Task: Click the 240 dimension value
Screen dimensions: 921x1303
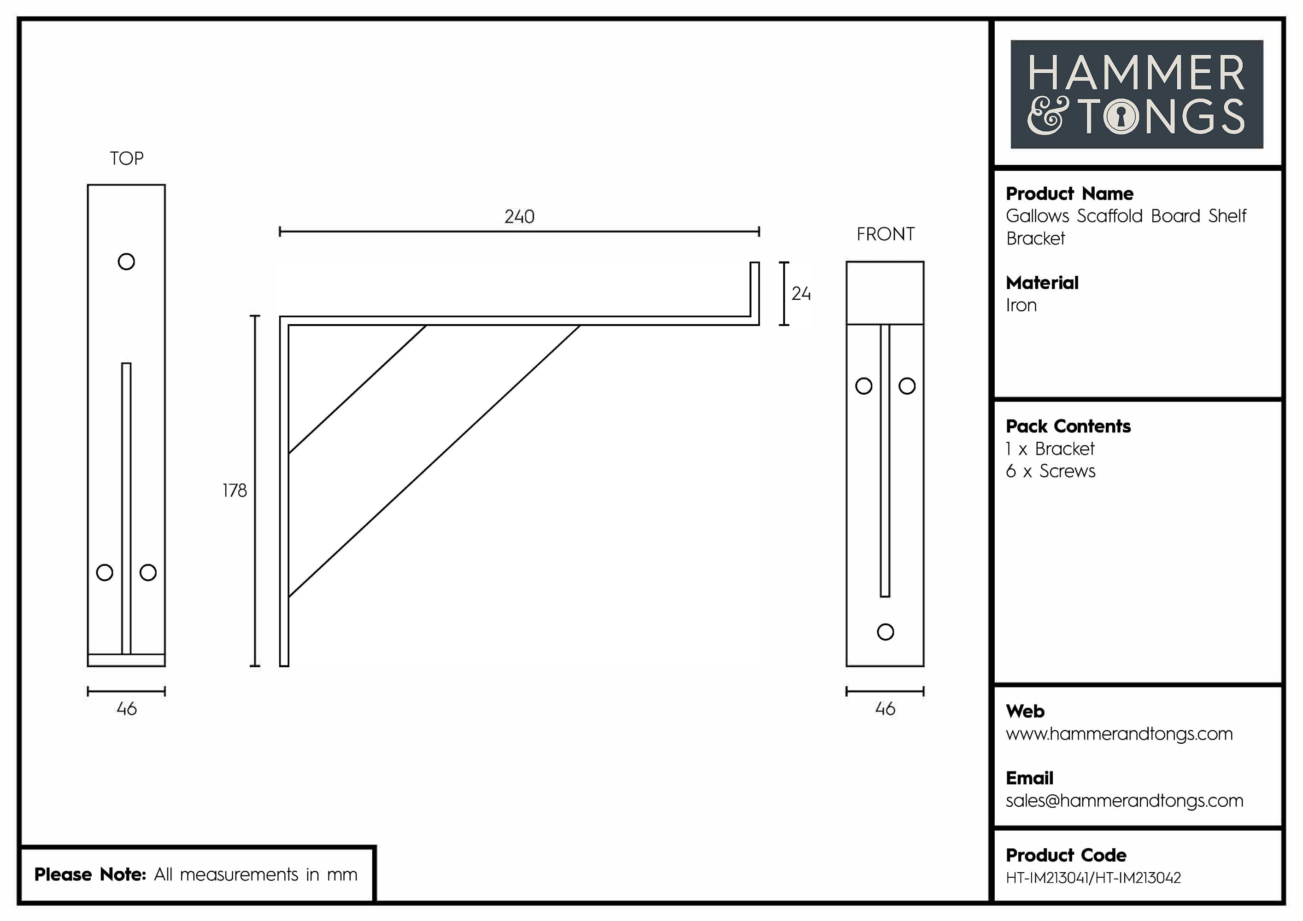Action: click(x=519, y=216)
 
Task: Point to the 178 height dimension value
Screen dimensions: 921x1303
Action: click(x=235, y=490)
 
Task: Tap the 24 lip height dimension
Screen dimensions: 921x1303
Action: click(x=801, y=294)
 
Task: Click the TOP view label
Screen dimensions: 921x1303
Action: click(x=127, y=158)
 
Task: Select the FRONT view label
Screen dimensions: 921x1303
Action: click(x=885, y=234)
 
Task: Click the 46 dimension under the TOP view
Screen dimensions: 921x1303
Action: click(x=127, y=709)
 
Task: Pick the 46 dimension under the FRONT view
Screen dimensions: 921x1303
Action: click(x=885, y=709)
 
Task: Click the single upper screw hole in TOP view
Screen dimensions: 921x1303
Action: click(x=126, y=262)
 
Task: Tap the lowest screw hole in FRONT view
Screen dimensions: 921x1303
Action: click(x=885, y=632)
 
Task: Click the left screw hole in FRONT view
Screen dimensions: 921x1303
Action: click(x=864, y=386)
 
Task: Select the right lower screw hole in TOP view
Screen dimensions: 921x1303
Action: click(x=148, y=572)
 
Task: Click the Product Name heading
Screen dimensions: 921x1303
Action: click(x=1069, y=194)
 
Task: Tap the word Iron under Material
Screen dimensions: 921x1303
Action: click(x=1021, y=306)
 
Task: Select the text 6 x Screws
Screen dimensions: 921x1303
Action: click(x=1051, y=471)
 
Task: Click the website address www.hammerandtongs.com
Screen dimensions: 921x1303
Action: click(x=1119, y=734)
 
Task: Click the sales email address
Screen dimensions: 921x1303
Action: click(x=1124, y=801)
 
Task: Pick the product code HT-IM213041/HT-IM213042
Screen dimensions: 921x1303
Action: click(x=1093, y=878)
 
